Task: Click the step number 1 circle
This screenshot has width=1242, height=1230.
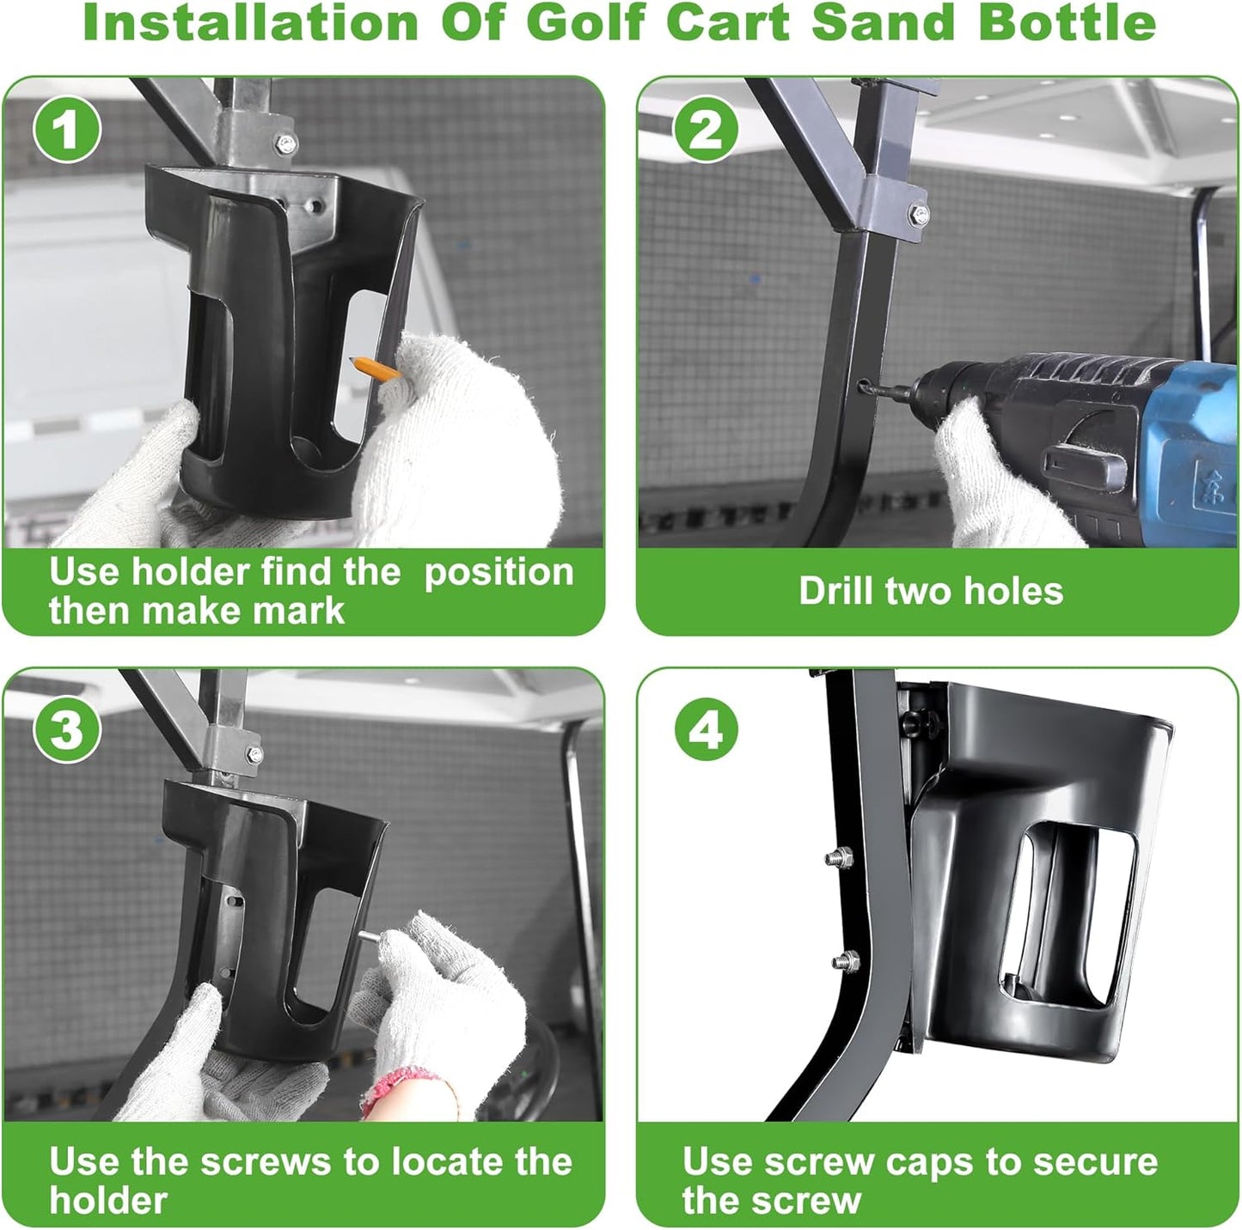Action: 67,130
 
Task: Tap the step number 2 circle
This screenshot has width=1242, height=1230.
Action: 705,130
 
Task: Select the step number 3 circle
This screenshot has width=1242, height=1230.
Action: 67,729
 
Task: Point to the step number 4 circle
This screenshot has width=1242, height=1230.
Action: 706,729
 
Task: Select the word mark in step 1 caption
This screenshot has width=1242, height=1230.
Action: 306,611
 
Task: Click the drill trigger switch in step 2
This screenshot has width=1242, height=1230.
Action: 1085,465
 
